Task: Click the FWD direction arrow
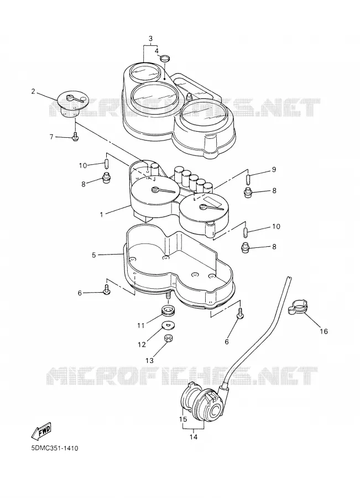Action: point(41,430)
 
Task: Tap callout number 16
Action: point(324,331)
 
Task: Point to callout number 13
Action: point(149,360)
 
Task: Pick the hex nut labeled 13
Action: point(168,338)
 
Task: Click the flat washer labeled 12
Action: point(168,325)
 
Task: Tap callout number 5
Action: point(93,255)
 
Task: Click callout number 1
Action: point(102,214)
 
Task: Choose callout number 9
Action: point(274,170)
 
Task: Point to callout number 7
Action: point(51,137)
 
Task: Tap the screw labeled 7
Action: point(75,137)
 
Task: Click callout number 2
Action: point(33,91)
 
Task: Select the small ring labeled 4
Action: point(164,59)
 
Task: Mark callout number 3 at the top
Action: point(150,39)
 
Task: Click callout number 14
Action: point(194,437)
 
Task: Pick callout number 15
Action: point(183,419)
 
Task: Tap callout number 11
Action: point(140,325)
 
